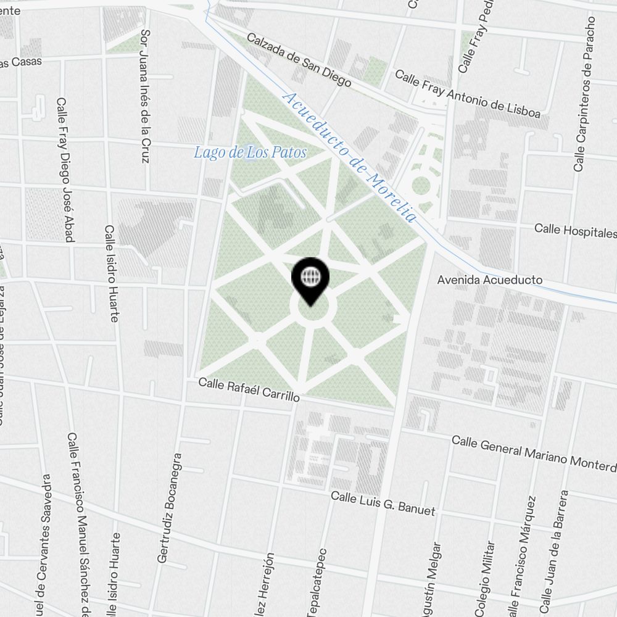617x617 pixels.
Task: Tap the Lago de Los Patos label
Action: coord(250,152)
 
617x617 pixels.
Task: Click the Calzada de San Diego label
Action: coord(299,60)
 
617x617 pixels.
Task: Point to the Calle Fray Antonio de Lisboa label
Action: coord(467,94)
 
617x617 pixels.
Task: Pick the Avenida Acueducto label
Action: coord(490,280)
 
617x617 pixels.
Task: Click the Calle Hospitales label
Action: coord(575,231)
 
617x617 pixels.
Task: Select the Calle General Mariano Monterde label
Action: coord(534,452)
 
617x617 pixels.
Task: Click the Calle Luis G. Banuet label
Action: coord(383,503)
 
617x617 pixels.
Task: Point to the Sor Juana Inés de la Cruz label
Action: coord(145,96)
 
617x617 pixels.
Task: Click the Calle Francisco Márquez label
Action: coord(520,555)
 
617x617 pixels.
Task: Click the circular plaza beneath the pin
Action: coord(313,310)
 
